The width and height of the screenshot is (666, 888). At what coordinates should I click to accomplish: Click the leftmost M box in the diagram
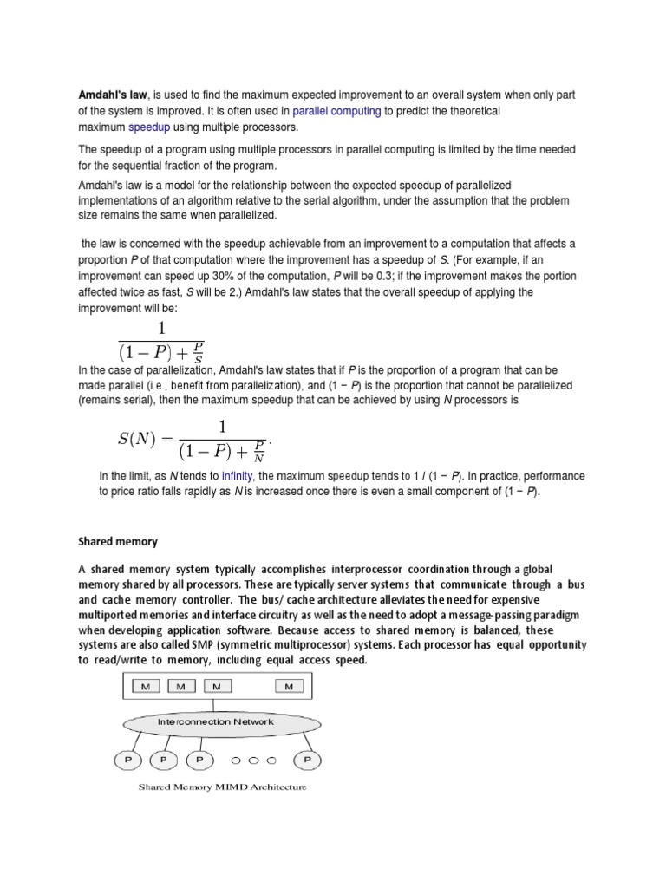[145, 687]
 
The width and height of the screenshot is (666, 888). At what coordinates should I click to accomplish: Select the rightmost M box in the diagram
[289, 687]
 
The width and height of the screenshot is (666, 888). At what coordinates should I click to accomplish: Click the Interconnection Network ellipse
[217, 722]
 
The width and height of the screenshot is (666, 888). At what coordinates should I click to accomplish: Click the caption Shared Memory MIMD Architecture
[223, 787]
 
